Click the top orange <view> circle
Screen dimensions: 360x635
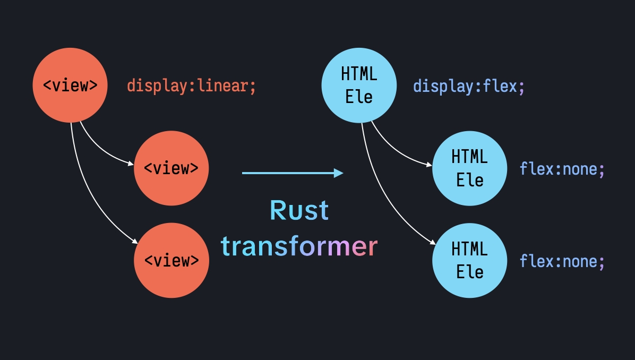(70, 85)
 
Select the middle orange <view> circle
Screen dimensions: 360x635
(171, 168)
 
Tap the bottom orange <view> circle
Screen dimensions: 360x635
(171, 260)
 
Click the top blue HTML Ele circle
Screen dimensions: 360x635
(359, 85)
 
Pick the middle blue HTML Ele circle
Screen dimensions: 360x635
(470, 168)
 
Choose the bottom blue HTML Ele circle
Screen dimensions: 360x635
(470, 260)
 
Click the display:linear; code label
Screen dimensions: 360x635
(191, 86)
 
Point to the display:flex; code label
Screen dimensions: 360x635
(469, 86)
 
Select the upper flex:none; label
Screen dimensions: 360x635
(562, 169)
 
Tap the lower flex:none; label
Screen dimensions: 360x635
(562, 261)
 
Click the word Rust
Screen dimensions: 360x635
(299, 210)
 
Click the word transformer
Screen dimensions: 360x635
(299, 246)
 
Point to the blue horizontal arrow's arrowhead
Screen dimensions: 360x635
(339, 173)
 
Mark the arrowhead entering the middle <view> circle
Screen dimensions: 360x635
(131, 164)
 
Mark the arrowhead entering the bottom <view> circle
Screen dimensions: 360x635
(134, 242)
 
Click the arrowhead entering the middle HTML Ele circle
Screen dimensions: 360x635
(429, 164)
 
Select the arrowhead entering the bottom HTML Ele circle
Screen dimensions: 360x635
(433, 242)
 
